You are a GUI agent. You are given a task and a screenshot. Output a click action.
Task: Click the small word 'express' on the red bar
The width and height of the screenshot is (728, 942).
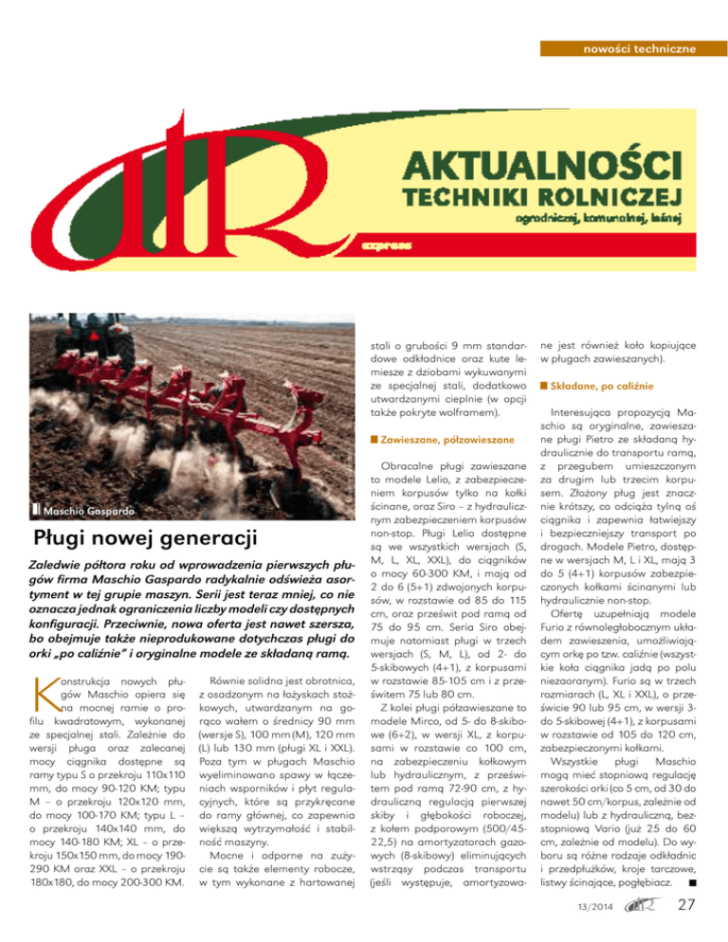[x=385, y=245]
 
